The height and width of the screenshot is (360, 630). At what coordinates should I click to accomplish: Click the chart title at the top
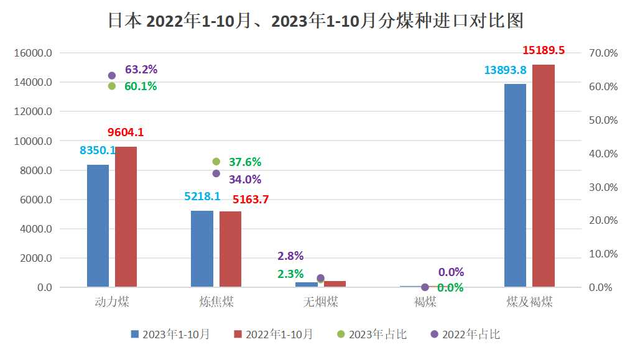tap(315, 21)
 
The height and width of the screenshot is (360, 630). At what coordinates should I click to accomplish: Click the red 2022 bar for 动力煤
tap(126, 217)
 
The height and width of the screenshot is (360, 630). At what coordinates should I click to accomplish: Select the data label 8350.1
tap(98, 150)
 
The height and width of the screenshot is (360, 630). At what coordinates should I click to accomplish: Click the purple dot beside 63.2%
tap(112, 75)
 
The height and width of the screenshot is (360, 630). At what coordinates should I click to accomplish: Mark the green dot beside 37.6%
tap(216, 162)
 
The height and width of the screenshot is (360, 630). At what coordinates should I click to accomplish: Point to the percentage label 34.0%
tap(245, 180)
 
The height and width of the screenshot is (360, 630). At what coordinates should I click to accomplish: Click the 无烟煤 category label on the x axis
tap(321, 303)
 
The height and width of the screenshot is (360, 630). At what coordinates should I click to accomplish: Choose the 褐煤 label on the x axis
tap(425, 303)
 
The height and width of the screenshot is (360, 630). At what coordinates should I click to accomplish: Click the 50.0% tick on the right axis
tap(603, 120)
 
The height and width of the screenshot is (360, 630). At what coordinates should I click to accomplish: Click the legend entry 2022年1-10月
tap(273, 335)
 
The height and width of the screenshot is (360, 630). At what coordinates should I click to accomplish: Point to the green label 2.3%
tap(290, 274)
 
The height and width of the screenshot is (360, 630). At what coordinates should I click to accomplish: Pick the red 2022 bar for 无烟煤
tap(335, 284)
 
